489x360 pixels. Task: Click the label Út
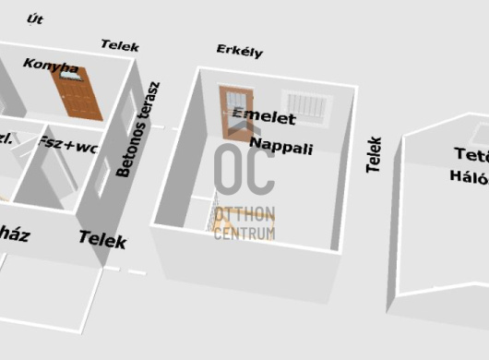(x=36, y=18)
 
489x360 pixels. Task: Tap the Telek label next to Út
(x=119, y=44)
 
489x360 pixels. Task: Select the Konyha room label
(x=51, y=66)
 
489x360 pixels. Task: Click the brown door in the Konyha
(x=79, y=93)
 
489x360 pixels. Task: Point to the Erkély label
(x=239, y=50)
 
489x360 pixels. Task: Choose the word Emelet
(x=265, y=117)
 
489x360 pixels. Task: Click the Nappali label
(x=281, y=148)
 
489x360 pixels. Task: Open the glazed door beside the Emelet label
(x=234, y=113)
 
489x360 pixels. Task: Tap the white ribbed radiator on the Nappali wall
(x=304, y=108)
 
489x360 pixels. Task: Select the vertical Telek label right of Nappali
(x=374, y=154)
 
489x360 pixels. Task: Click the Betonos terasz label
(x=137, y=129)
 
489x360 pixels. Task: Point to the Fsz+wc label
(x=68, y=144)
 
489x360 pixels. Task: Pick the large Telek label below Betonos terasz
(x=102, y=240)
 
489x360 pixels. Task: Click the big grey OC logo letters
(x=244, y=171)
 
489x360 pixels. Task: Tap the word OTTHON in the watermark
(x=244, y=218)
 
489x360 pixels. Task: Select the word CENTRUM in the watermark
(x=244, y=234)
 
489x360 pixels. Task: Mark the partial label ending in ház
(x=15, y=235)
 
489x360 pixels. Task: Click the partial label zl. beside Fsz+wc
(x=6, y=138)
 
